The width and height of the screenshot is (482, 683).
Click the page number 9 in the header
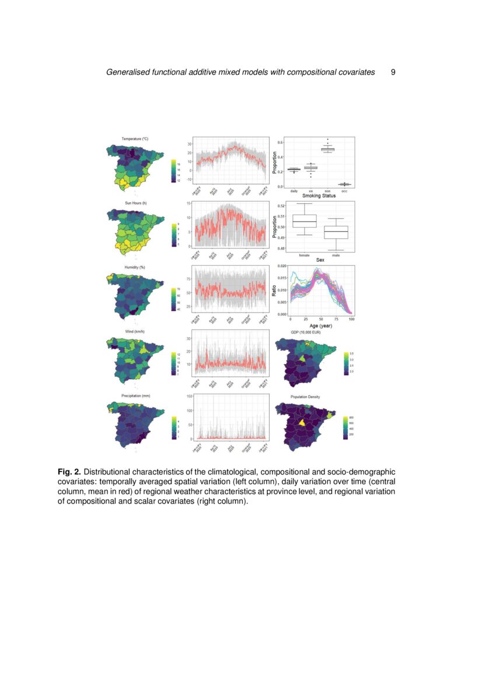tap(393, 72)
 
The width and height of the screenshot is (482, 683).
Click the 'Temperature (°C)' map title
tap(135, 138)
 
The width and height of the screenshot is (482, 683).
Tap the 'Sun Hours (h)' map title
tap(135, 203)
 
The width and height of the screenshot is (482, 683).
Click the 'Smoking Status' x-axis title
tap(319, 196)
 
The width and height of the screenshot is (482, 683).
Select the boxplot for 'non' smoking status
tap(327, 149)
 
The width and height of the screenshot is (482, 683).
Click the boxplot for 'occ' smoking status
tap(344, 184)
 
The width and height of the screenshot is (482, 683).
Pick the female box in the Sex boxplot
tap(304, 221)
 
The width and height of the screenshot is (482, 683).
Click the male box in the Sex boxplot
tap(336, 231)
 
